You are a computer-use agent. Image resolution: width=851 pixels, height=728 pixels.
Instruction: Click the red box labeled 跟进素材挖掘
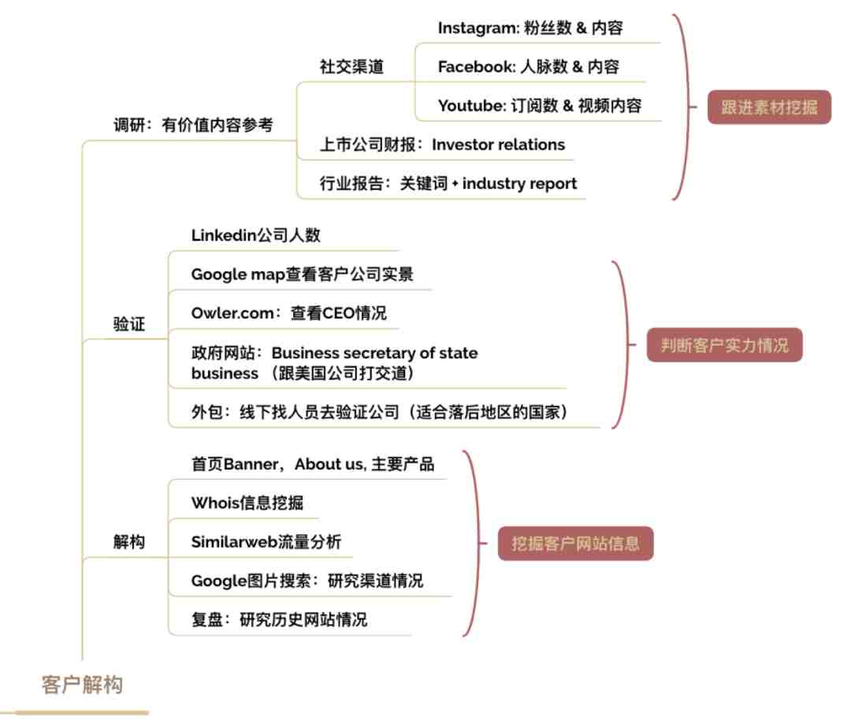pyautogui.click(x=769, y=107)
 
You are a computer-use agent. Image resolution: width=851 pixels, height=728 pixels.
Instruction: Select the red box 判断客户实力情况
pyautogui.click(x=724, y=345)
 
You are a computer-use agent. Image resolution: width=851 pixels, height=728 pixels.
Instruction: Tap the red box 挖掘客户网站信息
pyautogui.click(x=575, y=543)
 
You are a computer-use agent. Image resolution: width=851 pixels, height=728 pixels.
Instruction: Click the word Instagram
pyautogui.click(x=478, y=28)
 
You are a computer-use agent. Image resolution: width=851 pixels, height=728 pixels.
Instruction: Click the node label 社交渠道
pyautogui.click(x=351, y=67)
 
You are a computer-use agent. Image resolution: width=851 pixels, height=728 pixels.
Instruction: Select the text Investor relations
pyautogui.click(x=498, y=144)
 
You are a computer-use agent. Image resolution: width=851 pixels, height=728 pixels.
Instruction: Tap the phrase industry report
pyautogui.click(x=519, y=184)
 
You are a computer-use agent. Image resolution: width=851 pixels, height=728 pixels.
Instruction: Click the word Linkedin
pyautogui.click(x=224, y=235)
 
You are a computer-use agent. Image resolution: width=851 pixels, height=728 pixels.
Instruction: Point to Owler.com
pyautogui.click(x=232, y=313)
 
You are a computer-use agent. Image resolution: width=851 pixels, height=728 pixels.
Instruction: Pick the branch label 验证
pyautogui.click(x=129, y=324)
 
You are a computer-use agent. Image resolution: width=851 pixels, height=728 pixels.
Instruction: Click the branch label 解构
pyautogui.click(x=129, y=541)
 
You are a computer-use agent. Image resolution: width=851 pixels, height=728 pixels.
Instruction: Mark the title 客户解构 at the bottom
pyautogui.click(x=82, y=685)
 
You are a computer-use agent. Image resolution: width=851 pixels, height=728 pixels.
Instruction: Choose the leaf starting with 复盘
pyautogui.click(x=280, y=619)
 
